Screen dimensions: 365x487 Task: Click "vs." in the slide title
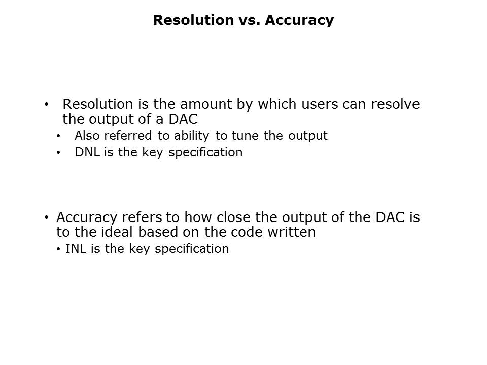pos(247,20)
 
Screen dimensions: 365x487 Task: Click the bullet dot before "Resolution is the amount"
pos(47,105)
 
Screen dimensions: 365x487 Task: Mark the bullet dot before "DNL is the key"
pos(58,152)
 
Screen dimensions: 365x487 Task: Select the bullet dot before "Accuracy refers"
pos(47,218)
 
